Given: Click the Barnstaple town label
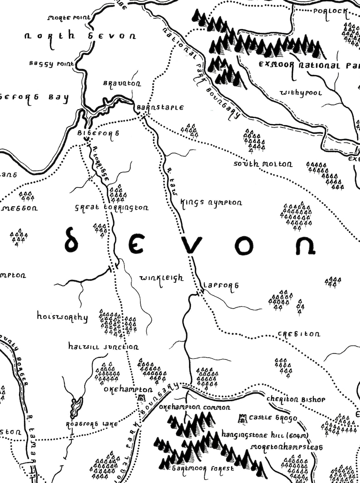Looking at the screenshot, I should (x=160, y=108).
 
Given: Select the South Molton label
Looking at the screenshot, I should (x=263, y=164).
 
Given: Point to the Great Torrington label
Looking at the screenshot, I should (x=112, y=208).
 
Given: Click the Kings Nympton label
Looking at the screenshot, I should (x=211, y=203).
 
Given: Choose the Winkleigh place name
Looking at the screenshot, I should (x=161, y=278).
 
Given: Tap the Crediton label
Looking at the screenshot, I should (x=298, y=334).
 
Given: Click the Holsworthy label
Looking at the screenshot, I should (x=62, y=317).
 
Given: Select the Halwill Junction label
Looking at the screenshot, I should (x=103, y=347).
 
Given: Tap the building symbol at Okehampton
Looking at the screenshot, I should (x=141, y=398).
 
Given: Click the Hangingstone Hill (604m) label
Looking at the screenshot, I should (x=259, y=434).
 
